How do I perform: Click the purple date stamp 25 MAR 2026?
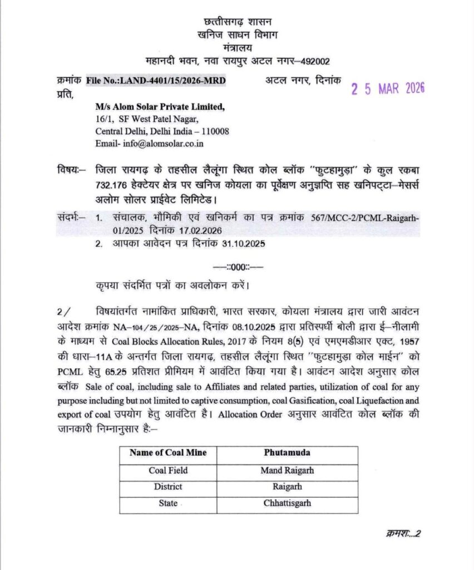387,89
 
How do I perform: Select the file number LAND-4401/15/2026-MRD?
156,81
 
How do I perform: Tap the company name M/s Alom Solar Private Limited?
160,107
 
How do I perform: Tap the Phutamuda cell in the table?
287,453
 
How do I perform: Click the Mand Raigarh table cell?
287,470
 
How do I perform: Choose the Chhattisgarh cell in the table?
287,503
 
